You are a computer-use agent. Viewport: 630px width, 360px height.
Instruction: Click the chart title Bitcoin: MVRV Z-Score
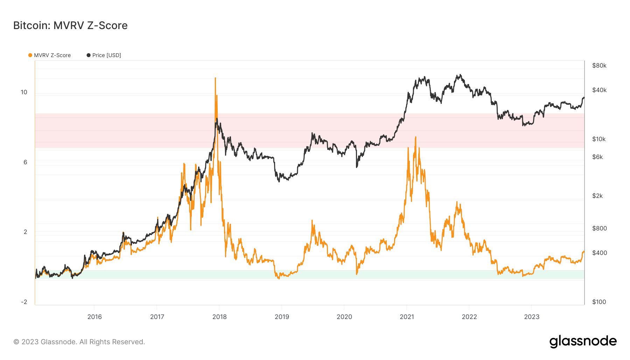point(70,26)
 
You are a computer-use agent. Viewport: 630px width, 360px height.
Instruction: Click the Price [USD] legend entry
point(104,55)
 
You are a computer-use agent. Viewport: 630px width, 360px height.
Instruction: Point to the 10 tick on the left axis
point(24,92)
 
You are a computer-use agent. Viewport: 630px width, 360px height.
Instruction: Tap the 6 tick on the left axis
point(25,162)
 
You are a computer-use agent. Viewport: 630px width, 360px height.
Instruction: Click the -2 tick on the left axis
point(24,302)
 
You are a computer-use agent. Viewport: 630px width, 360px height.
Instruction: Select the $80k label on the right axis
point(599,65)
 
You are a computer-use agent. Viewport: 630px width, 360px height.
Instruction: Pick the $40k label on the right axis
point(599,90)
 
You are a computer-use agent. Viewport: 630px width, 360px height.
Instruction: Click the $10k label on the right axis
point(599,139)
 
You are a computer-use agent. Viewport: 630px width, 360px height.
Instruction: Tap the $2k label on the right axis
point(597,196)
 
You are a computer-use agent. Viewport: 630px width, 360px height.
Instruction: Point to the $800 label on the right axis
point(599,228)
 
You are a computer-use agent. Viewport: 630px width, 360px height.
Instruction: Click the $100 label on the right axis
point(599,302)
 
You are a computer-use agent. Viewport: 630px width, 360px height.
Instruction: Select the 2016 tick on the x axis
point(94,317)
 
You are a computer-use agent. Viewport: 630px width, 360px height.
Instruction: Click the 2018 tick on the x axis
point(219,317)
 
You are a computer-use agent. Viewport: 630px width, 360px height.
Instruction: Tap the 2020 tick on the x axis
point(344,317)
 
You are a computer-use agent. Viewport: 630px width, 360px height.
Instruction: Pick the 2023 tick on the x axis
point(532,317)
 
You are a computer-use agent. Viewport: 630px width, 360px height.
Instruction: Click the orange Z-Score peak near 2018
point(215,78)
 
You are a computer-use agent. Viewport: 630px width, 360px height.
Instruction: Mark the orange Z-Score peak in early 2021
point(415,137)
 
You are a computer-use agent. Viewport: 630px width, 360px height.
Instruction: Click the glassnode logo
point(583,341)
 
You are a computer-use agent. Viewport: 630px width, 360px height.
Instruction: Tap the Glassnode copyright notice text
point(79,342)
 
